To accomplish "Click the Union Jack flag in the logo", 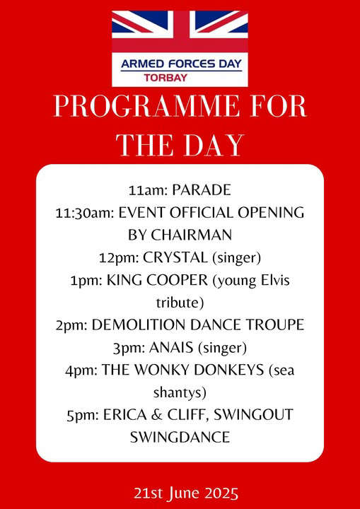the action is (x=180, y=31).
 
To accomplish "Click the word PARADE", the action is (x=202, y=190).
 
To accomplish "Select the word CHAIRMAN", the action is (x=192, y=235).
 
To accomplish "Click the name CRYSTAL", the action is (x=175, y=258).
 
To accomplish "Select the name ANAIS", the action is (x=174, y=348).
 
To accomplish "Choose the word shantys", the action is (x=180, y=394).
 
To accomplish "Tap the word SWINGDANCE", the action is (x=180, y=438).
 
